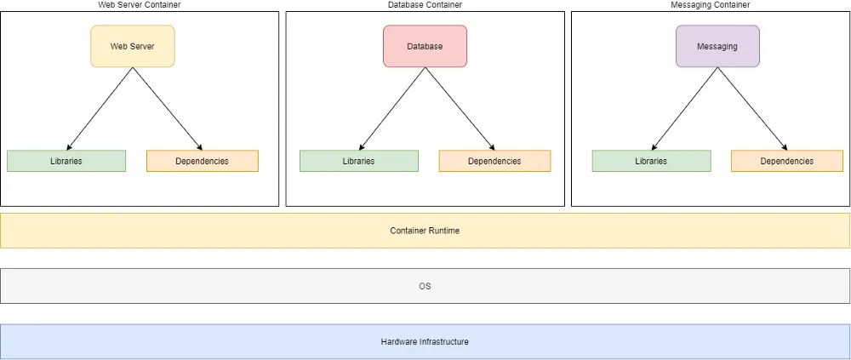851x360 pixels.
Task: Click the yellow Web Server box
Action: [x=133, y=46]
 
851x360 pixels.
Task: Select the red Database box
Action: [x=425, y=46]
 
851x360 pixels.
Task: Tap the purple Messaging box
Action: [x=717, y=46]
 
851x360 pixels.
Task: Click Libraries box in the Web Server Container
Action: [x=66, y=161]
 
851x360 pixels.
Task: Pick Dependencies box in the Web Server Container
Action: [x=203, y=161]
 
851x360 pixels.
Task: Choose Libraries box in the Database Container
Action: [x=359, y=161]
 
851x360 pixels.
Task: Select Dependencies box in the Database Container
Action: [x=495, y=161]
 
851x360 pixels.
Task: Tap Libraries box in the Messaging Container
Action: [x=651, y=161]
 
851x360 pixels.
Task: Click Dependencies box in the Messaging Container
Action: [x=787, y=161]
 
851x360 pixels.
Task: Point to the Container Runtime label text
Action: [x=425, y=231]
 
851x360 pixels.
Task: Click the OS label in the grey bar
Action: [x=425, y=286]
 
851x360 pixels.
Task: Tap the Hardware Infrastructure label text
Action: [x=425, y=342]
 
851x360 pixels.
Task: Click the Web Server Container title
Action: [x=140, y=4]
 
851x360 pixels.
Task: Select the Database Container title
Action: [x=425, y=4]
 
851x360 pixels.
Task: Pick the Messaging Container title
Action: [x=711, y=4]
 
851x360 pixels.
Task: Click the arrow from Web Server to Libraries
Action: [x=100, y=109]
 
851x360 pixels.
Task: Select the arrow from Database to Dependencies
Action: [x=460, y=109]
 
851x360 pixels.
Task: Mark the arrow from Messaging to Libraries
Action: [x=684, y=109]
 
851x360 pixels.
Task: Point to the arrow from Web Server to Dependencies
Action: [x=167, y=109]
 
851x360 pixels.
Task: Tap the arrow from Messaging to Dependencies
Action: [x=752, y=109]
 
